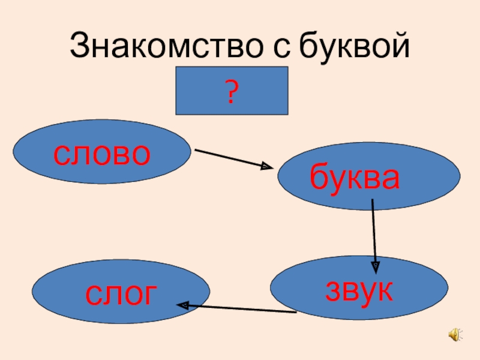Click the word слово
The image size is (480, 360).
[101, 155]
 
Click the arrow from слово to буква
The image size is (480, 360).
[231, 158]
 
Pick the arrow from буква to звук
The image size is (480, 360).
[374, 231]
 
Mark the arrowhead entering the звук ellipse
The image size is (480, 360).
[375, 263]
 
